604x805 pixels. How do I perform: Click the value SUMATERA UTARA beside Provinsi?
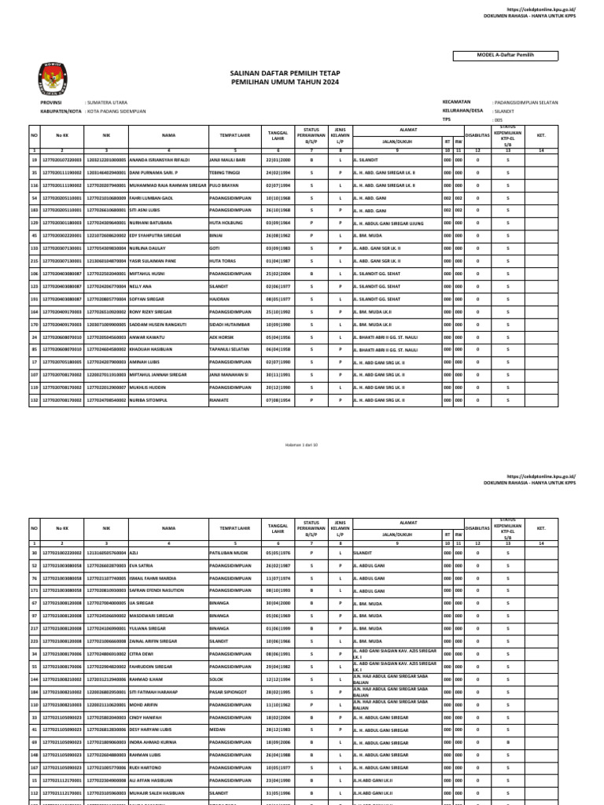pos(110,102)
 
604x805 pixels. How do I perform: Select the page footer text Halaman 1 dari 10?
pos(301,444)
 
